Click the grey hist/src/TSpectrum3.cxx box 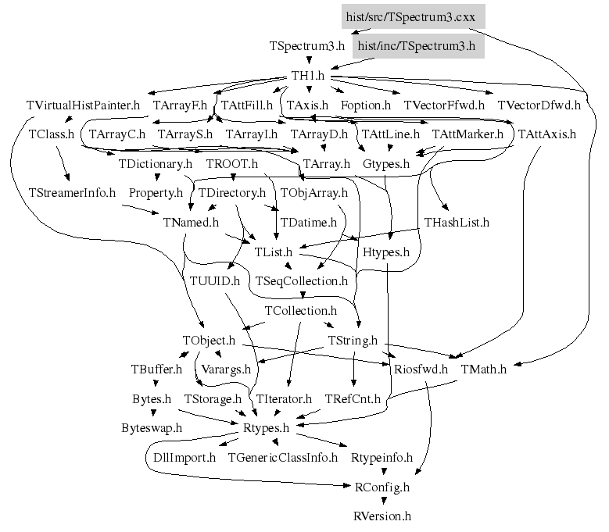tap(414, 16)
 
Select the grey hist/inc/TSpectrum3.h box tap(418, 46)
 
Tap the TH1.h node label tap(308, 75)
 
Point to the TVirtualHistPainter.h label tap(83, 105)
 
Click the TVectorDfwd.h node tap(539, 105)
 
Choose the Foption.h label tap(365, 105)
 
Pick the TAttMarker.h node tap(467, 134)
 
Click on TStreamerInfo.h tap(72, 193)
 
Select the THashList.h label tap(457, 223)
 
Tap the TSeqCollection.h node tap(302, 281)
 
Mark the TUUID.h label tap(215, 281)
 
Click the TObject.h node tap(209, 341)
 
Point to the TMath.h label tap(484, 369)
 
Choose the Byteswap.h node tap(152, 428)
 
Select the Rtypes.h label tap(266, 428)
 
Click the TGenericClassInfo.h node tap(283, 458)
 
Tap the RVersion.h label tap(382, 516)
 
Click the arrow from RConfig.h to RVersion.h tap(384, 501)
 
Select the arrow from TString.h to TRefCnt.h tap(353, 369)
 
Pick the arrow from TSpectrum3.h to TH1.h tap(309, 60)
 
